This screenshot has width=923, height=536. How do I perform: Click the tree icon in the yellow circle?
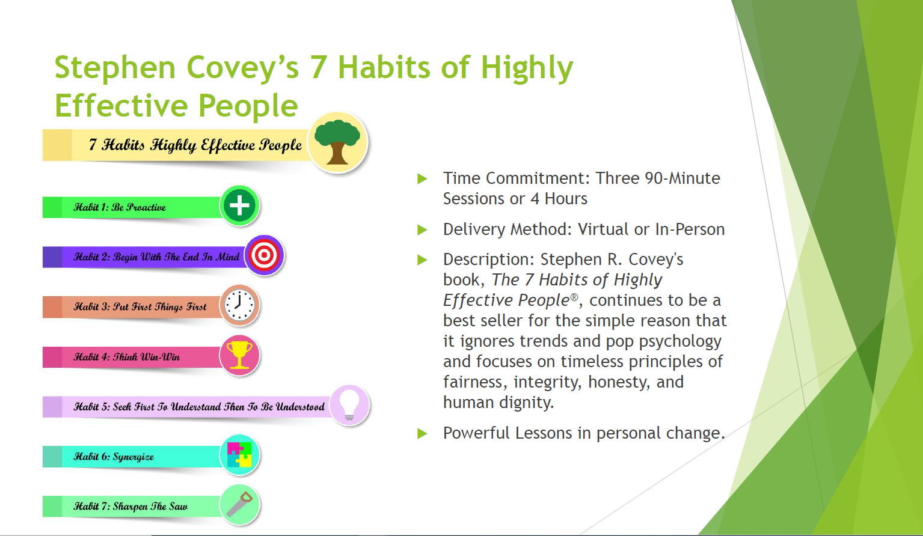[x=337, y=142]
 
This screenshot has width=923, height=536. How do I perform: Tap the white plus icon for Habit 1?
[x=239, y=205]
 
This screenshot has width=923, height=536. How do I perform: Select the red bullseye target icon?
[x=264, y=255]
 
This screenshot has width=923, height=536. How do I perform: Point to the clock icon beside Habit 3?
[x=239, y=305]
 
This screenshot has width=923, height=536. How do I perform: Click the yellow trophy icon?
[x=239, y=355]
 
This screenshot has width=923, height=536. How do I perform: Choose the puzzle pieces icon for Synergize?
[x=239, y=455]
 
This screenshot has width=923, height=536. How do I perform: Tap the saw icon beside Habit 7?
[x=240, y=504]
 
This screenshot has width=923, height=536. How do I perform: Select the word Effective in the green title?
[x=121, y=105]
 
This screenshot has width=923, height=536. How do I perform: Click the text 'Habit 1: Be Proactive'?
[x=120, y=207]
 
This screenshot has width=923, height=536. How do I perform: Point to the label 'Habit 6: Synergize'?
[x=114, y=457]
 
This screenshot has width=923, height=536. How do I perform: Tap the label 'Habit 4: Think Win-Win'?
[x=126, y=356]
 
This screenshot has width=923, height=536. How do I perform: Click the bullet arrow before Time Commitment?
[x=422, y=178]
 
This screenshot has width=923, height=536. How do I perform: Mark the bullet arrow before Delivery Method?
[x=422, y=230]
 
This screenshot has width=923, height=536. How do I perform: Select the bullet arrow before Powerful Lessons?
[x=422, y=433]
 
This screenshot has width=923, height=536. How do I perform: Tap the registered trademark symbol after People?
[x=574, y=297]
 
